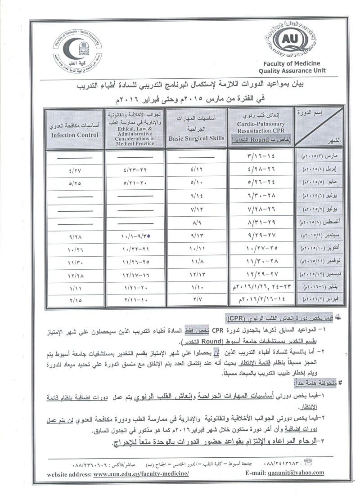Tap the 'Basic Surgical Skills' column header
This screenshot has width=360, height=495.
[x=197, y=138]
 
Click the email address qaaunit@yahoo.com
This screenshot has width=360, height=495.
[x=299, y=473]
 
